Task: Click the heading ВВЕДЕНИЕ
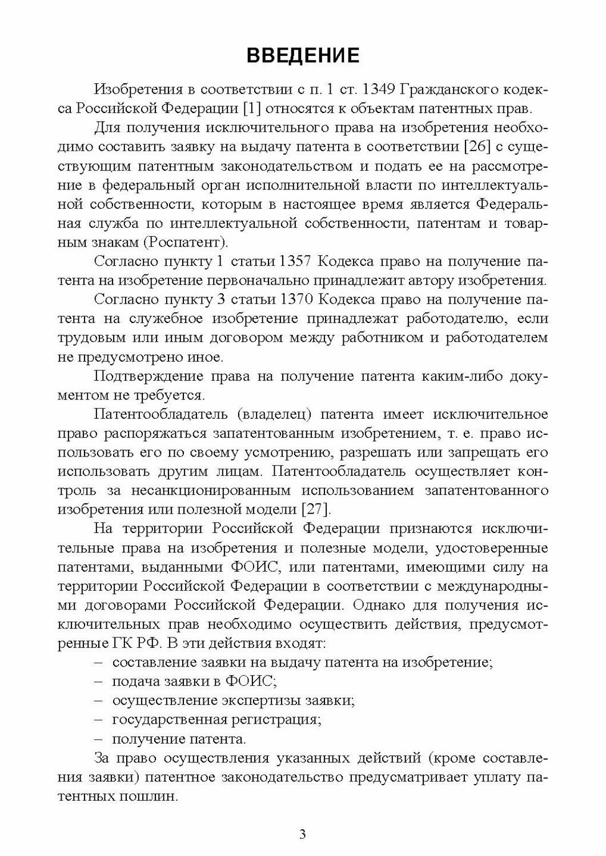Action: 303,55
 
